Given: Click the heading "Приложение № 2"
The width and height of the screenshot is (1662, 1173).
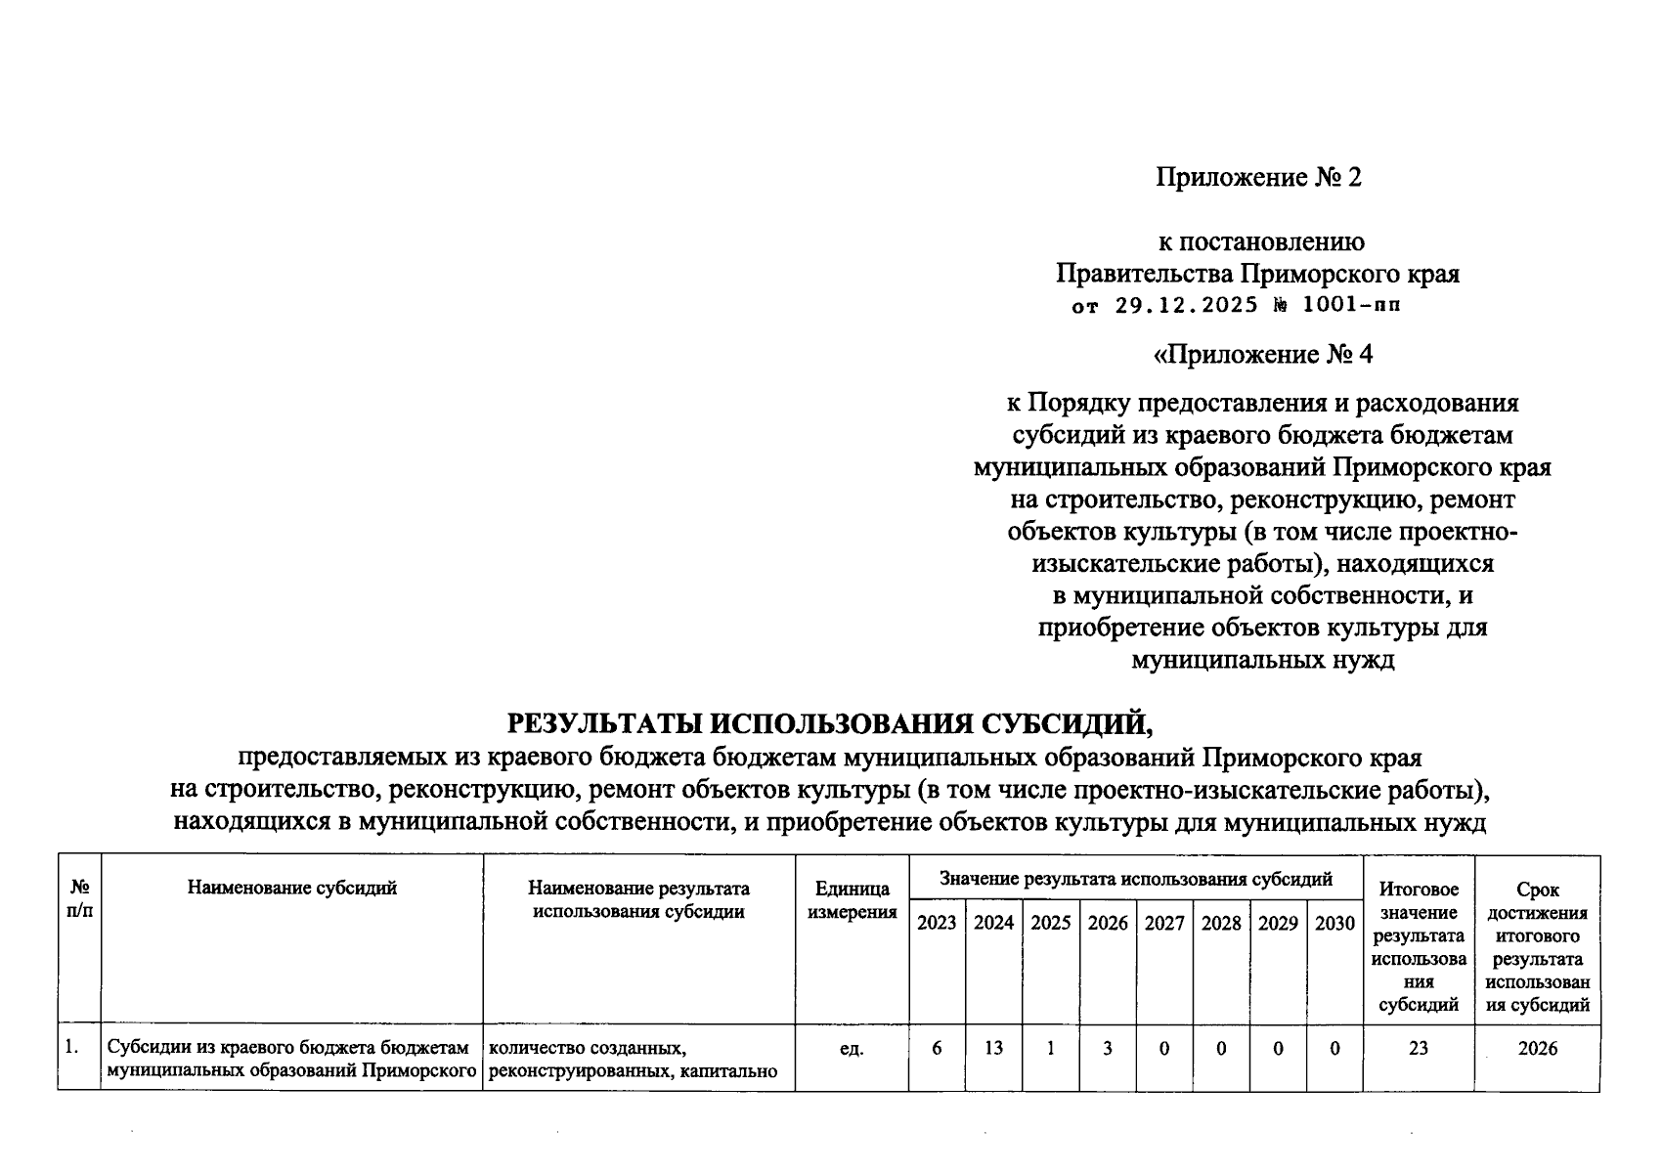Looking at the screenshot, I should point(1258,177).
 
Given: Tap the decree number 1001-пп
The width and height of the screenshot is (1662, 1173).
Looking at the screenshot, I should point(1352,305).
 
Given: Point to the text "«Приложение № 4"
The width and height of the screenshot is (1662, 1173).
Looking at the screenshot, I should point(1263,354).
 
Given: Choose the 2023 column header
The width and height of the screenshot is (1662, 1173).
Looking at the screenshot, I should point(937,923).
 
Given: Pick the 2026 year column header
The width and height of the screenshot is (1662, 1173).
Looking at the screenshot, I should point(1108,923).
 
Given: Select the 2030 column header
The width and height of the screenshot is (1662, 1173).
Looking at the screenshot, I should point(1334,923).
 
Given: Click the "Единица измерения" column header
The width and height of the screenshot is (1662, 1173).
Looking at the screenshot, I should point(852,900).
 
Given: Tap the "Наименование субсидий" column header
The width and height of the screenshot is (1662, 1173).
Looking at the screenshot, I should point(291,888).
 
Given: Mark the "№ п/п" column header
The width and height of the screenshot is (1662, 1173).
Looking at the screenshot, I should point(79,899).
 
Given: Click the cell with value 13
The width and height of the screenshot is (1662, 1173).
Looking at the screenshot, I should point(993,1048).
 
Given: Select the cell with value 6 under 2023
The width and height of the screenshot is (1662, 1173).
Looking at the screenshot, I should point(938,1048).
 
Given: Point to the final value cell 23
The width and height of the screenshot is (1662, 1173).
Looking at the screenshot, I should point(1418,1048).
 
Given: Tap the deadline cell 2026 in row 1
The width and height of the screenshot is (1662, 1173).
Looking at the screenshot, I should point(1537,1048).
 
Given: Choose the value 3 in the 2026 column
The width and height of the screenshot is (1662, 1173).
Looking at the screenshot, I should point(1108,1048).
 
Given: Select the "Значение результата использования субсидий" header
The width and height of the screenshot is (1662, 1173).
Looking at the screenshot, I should point(1135,879).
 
